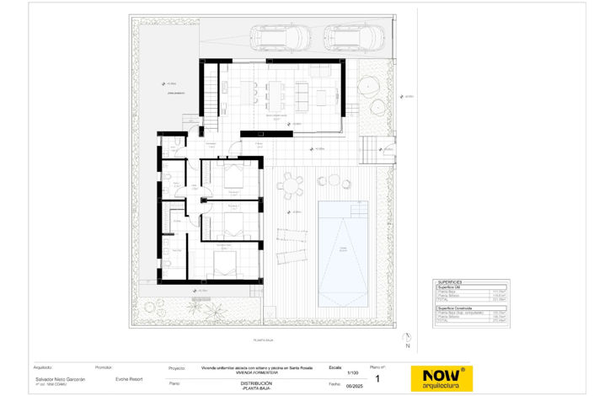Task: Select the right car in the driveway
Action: (x=354, y=37)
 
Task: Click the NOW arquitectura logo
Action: (x=441, y=378)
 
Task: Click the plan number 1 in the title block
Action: (x=377, y=379)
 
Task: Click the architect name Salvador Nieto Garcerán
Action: (x=60, y=379)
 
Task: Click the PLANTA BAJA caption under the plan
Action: (x=265, y=340)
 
